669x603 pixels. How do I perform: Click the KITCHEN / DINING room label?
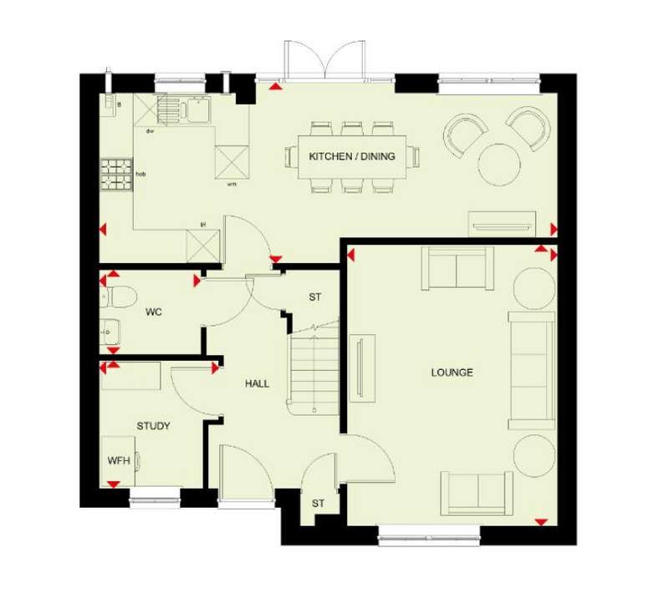[x=351, y=156]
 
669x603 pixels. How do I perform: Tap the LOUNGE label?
[x=452, y=372]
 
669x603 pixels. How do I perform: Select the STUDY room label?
[x=154, y=426]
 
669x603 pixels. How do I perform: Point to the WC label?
[x=153, y=312]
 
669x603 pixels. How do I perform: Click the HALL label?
[x=257, y=383]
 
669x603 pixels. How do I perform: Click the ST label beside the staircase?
[x=315, y=296]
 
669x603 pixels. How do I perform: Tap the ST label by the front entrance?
[x=318, y=504]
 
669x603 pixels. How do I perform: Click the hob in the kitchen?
[x=116, y=174]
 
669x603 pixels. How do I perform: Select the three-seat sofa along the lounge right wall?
[x=533, y=368]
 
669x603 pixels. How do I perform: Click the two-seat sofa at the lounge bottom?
[x=478, y=494]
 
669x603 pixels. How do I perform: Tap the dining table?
[x=352, y=157]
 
